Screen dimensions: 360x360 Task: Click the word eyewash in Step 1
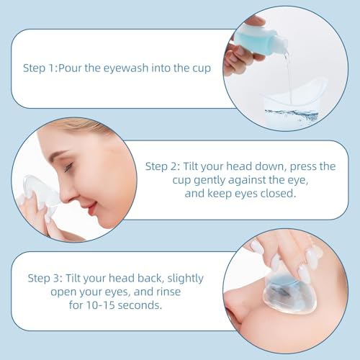click(x=126, y=68)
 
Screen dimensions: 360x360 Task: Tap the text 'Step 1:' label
click(x=40, y=68)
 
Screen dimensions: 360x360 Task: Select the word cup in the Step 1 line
click(x=202, y=69)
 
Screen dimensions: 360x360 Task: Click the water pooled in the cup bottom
click(x=292, y=114)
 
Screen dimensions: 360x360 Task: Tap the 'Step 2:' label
click(x=163, y=166)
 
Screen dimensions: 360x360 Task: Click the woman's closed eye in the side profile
click(x=68, y=168)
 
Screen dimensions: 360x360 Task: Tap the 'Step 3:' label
click(x=45, y=279)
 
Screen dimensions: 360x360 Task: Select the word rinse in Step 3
click(x=168, y=292)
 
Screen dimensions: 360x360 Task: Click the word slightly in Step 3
click(x=185, y=279)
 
